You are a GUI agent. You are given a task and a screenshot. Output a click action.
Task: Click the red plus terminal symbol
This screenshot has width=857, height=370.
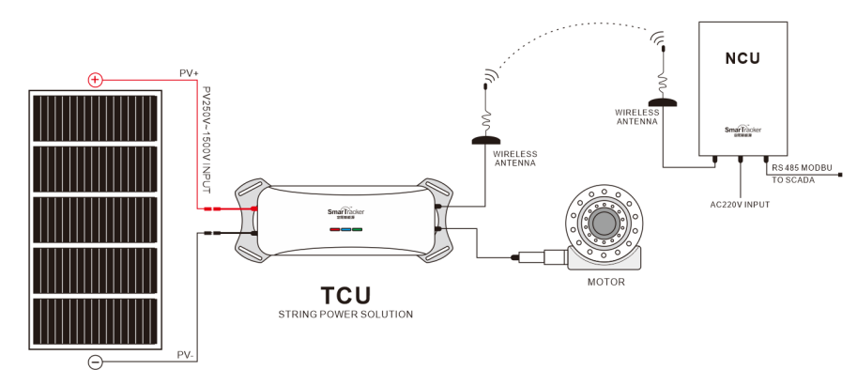click(95, 80)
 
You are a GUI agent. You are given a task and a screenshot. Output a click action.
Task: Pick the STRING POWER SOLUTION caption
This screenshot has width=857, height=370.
click(345, 314)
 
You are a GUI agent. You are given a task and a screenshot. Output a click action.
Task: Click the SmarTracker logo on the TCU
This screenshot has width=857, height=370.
click(345, 212)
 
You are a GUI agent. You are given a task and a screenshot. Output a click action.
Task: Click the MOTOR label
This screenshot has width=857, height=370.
click(605, 281)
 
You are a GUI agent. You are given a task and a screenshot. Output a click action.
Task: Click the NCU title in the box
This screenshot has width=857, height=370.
click(742, 58)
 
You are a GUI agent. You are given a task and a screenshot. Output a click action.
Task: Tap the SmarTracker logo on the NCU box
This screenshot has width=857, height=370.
click(742, 130)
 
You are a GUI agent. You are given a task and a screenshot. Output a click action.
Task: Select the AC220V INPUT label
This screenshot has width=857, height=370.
click(741, 203)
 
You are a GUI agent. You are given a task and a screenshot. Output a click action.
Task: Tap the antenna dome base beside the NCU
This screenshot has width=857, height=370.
click(663, 101)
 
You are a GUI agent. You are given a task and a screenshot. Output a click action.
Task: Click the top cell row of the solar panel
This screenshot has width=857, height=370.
click(98, 116)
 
